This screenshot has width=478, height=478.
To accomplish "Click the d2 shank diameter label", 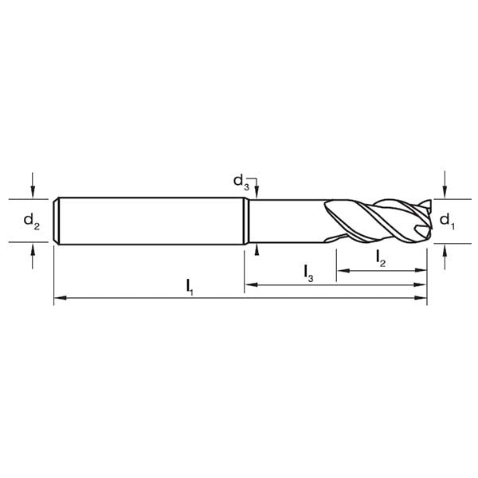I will [31, 220].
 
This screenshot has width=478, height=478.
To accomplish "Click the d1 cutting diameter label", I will [447, 220].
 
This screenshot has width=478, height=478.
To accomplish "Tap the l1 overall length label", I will [190, 285].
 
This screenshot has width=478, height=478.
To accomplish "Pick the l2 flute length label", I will [380, 257].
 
